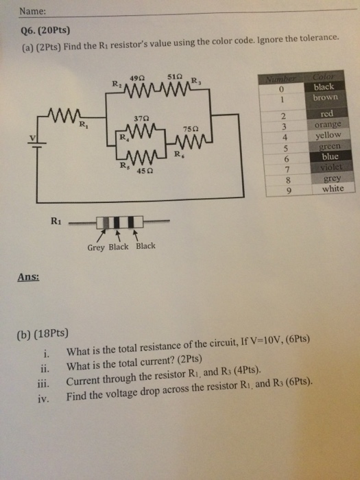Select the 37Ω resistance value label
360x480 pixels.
pos(143,117)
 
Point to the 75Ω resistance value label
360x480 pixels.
pos(191,129)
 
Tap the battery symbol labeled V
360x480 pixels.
pos(35,141)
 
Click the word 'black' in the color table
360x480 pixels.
pos(323,87)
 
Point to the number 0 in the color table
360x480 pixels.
pos(280,89)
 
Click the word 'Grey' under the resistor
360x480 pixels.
pos(96,247)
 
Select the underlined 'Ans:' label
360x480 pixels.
pos(28,277)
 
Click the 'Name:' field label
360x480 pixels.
pos(32,12)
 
